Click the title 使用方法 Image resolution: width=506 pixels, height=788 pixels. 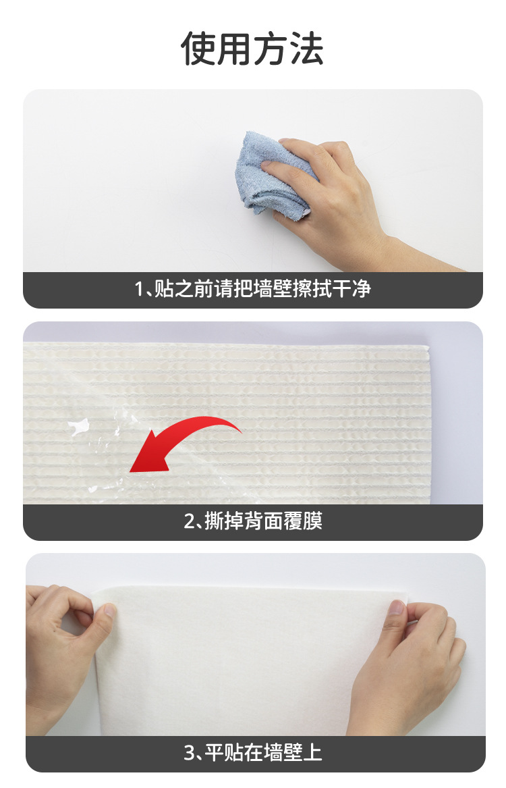click(252, 49)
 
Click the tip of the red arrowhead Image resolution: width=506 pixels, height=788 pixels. click(130, 471)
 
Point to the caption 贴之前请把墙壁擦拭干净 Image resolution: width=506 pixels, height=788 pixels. click(262, 289)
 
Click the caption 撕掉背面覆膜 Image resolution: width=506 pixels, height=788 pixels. click(264, 521)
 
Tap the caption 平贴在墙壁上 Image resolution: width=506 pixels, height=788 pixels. click(264, 753)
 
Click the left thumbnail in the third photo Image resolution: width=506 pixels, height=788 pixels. click(109, 610)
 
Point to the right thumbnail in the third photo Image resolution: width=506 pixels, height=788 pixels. click(397, 608)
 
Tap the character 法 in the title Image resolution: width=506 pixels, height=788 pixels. click(306, 49)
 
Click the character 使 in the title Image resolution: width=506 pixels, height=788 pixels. click(199, 49)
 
